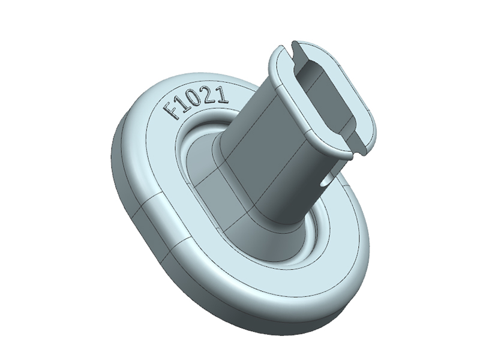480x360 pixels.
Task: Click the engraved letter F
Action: (173, 110)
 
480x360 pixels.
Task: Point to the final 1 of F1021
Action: (223, 94)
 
